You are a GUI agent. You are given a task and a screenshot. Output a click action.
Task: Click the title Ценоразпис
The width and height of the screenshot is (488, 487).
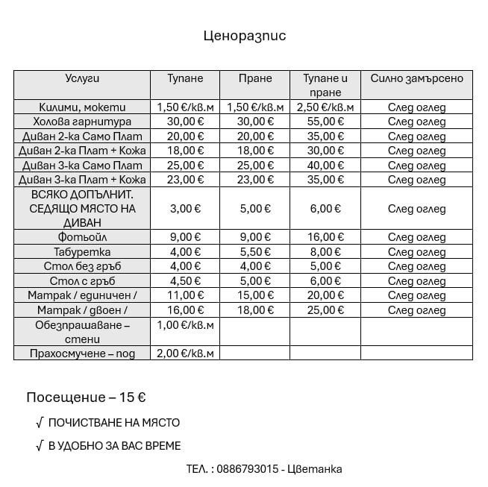(x=244, y=36)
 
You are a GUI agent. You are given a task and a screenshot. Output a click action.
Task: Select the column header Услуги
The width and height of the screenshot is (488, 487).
(x=82, y=78)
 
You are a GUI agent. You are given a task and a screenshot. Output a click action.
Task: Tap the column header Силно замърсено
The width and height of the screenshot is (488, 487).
(x=416, y=78)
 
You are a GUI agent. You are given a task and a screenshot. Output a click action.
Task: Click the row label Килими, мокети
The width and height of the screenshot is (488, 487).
(x=82, y=107)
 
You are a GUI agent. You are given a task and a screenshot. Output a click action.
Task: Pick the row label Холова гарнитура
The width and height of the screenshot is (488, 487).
(x=82, y=122)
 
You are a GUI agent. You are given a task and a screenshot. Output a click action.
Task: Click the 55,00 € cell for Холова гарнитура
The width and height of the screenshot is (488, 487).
(x=325, y=122)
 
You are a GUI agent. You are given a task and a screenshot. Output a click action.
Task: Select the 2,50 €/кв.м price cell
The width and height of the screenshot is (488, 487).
(x=325, y=107)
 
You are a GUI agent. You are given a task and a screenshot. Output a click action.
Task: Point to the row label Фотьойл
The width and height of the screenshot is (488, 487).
(x=82, y=237)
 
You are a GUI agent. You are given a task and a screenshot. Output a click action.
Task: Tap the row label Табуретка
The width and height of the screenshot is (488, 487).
(x=82, y=252)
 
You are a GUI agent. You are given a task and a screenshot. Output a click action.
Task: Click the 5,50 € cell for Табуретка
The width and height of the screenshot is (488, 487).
(x=255, y=252)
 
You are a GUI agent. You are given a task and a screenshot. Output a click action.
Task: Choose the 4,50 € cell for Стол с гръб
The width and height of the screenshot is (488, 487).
(x=185, y=281)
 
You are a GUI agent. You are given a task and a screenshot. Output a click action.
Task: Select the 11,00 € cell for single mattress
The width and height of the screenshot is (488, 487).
(x=185, y=295)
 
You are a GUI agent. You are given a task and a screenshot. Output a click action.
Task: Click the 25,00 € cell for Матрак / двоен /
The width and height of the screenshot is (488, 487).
(x=325, y=310)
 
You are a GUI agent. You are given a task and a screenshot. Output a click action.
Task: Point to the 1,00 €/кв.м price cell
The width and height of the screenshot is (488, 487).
(x=185, y=325)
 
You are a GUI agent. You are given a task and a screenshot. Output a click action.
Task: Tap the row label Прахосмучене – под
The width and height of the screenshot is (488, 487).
(x=82, y=354)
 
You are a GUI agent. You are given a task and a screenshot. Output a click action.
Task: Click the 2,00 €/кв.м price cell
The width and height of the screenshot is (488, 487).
(x=185, y=354)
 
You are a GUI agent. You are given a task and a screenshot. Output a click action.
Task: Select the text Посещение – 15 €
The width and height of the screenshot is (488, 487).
(x=86, y=397)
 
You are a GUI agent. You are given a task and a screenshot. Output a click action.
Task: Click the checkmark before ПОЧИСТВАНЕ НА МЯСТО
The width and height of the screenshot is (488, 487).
(x=39, y=423)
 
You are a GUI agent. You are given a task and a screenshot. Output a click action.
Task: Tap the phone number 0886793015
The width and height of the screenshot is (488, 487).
(x=249, y=469)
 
